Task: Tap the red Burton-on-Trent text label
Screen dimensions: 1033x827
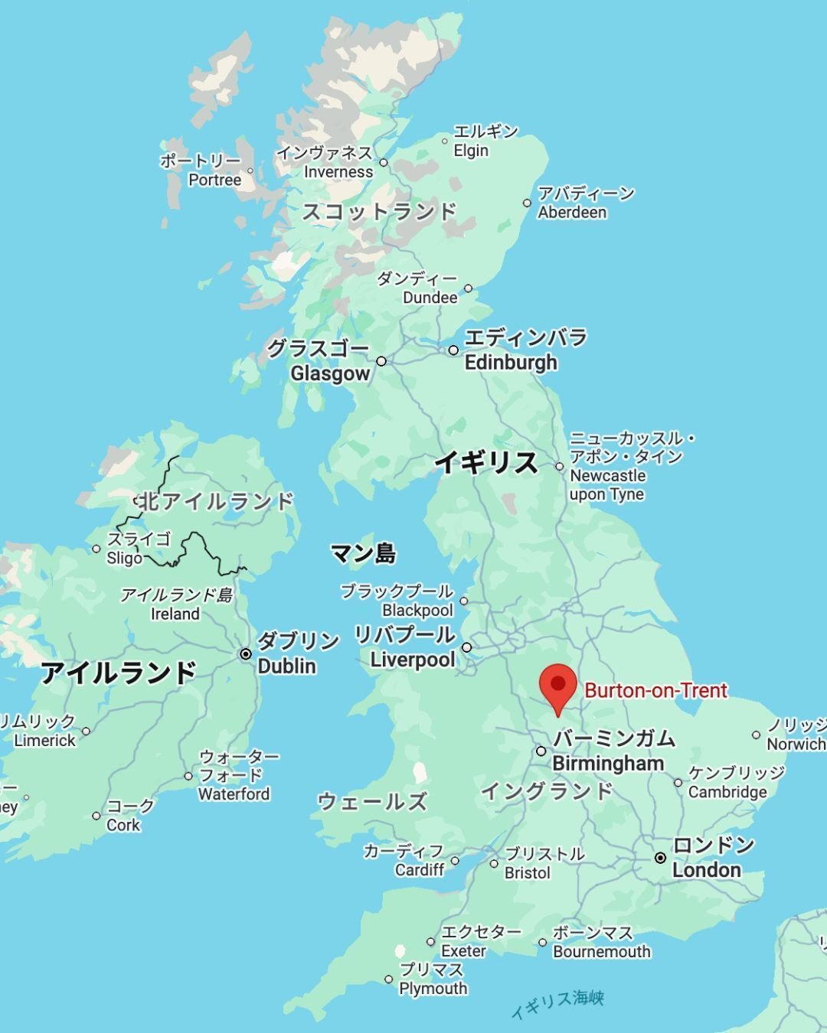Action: click(655, 690)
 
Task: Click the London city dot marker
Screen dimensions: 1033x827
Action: click(660, 858)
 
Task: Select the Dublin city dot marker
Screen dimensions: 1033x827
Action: click(246, 653)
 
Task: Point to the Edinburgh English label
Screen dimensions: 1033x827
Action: click(511, 362)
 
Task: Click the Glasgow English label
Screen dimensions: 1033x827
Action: click(330, 373)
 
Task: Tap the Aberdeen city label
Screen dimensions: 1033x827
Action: click(572, 212)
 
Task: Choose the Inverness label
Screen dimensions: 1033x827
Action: click(338, 172)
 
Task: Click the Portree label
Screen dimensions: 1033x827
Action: click(214, 180)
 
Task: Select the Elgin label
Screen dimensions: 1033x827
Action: click(471, 151)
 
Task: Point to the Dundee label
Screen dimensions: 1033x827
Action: click(430, 298)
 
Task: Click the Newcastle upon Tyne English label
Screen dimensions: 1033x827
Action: click(607, 485)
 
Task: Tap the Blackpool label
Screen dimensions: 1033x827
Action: click(417, 610)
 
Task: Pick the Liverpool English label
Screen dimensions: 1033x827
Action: click(413, 660)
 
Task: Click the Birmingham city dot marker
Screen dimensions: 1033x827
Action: click(541, 751)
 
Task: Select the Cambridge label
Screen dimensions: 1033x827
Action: click(727, 792)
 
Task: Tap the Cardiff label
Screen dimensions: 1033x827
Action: click(420, 870)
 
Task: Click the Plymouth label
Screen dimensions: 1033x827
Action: click(433, 988)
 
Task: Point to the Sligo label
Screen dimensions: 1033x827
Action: click(125, 558)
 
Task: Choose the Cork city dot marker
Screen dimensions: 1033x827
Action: click(96, 816)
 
